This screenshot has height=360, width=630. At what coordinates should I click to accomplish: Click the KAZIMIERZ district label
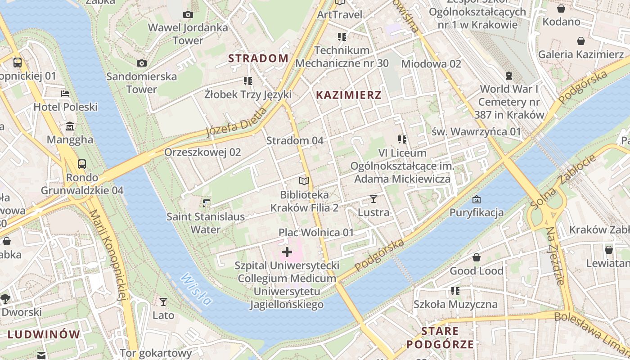point(349,95)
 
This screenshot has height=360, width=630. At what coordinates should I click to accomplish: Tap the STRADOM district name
point(258,58)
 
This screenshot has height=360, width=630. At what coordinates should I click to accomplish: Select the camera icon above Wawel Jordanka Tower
point(188,15)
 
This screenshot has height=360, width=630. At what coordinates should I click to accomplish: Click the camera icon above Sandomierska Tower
point(142,63)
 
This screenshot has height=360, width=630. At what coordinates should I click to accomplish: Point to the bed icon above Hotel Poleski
point(65,94)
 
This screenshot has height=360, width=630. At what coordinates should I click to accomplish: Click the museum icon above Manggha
point(70,126)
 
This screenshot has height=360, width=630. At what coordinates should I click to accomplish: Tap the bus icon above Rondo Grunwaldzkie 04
point(82,164)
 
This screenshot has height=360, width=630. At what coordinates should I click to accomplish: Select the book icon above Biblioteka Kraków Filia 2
point(304,181)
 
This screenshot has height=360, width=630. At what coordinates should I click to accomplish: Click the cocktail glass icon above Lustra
point(373,198)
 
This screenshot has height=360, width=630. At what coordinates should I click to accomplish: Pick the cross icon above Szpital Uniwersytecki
point(287,252)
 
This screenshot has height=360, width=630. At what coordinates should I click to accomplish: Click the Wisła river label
point(196,289)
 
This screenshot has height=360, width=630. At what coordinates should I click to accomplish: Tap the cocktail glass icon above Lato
point(163,301)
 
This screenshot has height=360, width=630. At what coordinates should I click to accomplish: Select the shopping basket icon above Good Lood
point(477,257)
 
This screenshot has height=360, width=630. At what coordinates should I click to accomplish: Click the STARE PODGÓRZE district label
point(440,338)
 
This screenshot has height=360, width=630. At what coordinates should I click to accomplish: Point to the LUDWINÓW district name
point(44,334)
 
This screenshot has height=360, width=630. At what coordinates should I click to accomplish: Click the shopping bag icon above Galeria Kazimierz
point(581,41)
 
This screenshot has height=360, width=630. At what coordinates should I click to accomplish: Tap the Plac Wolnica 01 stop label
point(316,233)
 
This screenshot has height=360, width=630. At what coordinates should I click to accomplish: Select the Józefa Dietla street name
point(236,122)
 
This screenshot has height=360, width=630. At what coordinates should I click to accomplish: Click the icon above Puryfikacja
point(477,199)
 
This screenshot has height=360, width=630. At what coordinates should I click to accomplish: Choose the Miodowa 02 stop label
point(431,64)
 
